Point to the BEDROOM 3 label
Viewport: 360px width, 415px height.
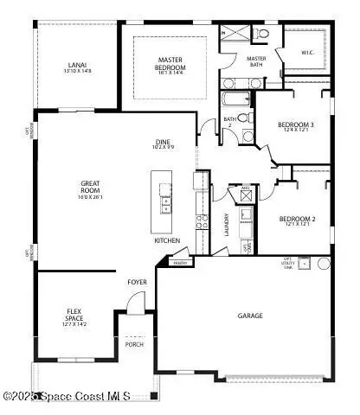[296, 128]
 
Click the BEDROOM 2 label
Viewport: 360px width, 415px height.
[296, 222]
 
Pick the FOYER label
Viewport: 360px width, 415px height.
[138, 282]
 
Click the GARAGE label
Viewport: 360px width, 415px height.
[250, 316]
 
